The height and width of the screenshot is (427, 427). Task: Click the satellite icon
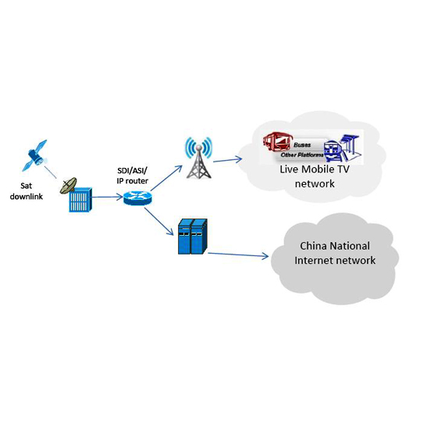(x=35, y=156)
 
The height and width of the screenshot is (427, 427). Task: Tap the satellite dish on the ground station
(x=68, y=186)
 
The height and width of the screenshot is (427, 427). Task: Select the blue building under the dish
(x=80, y=200)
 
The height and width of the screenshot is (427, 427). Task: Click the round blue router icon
(x=137, y=198)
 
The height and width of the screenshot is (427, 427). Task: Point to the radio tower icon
(x=199, y=158)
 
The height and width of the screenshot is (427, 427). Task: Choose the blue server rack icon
(x=193, y=237)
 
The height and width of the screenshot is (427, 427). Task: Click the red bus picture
(x=277, y=141)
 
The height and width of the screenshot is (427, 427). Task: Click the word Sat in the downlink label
(x=26, y=186)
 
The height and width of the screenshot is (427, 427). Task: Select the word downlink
(x=26, y=197)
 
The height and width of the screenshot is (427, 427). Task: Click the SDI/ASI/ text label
(x=133, y=171)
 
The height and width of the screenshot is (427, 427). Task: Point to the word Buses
(x=302, y=145)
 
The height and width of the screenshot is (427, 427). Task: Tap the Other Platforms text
(x=302, y=155)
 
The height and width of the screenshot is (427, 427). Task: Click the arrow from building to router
(x=108, y=197)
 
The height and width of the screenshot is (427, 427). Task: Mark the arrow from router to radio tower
(x=166, y=178)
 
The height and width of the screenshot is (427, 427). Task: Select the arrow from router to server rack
(x=158, y=221)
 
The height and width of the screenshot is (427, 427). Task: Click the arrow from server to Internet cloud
(x=238, y=255)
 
